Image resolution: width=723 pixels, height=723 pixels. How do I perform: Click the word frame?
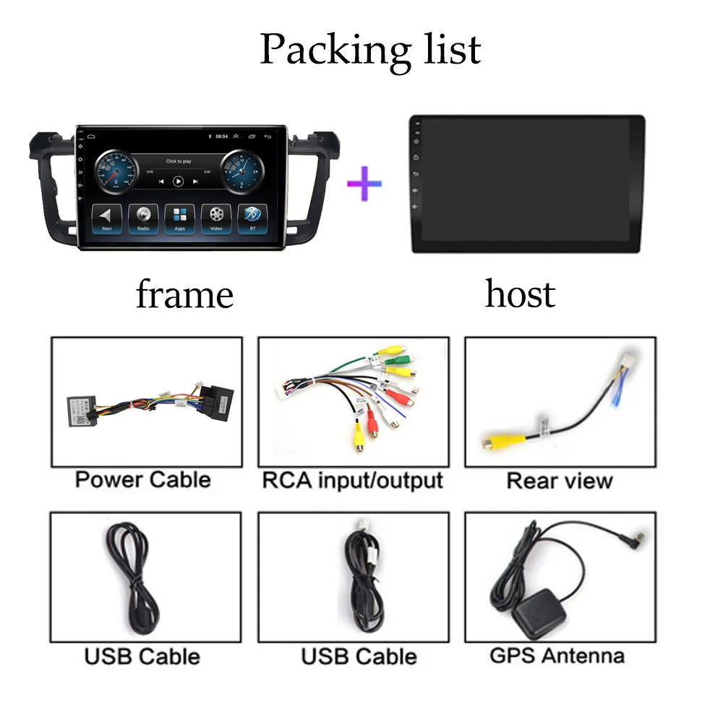[x=184, y=295]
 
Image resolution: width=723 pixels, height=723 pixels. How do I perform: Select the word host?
[x=520, y=294]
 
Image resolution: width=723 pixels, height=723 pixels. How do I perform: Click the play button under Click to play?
[x=178, y=181]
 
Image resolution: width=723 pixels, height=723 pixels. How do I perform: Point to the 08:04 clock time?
[x=221, y=136]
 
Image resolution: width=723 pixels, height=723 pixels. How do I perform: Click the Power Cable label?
[x=142, y=479]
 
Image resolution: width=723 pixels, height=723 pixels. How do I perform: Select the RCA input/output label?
[x=352, y=479]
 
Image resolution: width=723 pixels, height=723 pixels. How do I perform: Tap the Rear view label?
[x=559, y=481]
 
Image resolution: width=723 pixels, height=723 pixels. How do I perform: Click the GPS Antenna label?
[x=557, y=656]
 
